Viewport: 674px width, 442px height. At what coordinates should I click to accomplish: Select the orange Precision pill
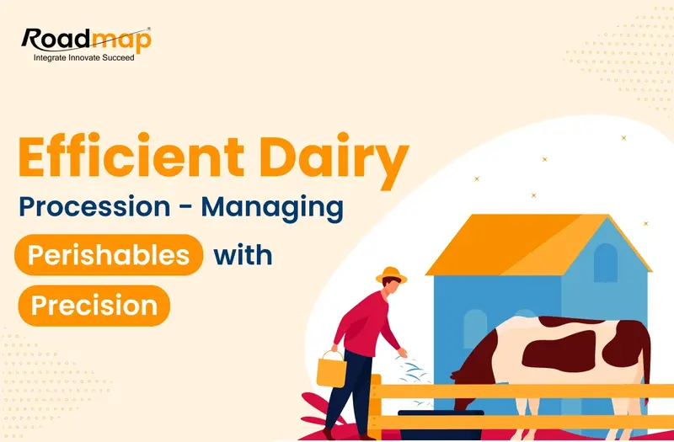point(94,304)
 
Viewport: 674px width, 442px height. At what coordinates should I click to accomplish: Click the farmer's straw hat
point(392,274)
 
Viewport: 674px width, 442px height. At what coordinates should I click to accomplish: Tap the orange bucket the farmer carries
point(329,368)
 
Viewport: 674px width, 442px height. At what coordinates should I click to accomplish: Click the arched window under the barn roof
point(605,263)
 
